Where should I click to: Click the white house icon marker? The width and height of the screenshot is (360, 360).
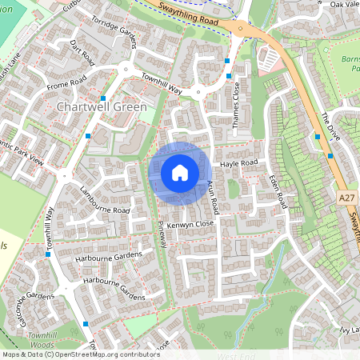tap(180, 172)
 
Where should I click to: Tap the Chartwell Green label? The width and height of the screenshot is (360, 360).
tap(102, 106)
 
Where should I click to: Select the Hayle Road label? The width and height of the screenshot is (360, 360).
tap(239, 163)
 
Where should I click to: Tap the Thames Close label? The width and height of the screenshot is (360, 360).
tap(236, 101)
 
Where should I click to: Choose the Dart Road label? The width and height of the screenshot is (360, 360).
tap(82, 52)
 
